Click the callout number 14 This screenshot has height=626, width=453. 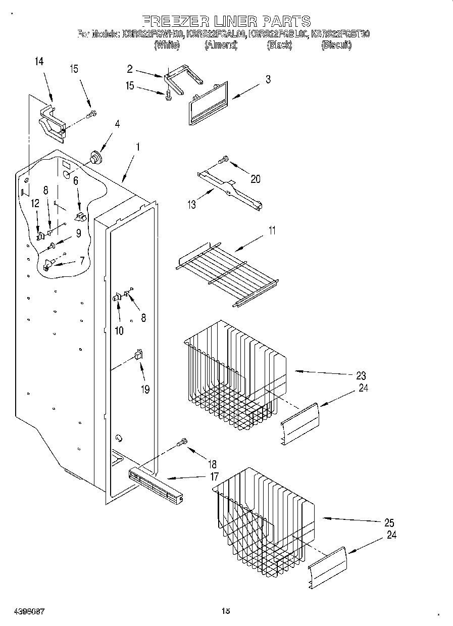point(39,62)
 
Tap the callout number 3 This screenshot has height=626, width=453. point(268,79)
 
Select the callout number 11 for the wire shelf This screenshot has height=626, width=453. point(272,231)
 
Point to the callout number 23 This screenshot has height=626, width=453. point(361,376)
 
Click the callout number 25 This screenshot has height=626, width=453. point(389,522)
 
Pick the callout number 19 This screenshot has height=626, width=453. point(145,390)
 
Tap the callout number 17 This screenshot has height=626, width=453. point(214,476)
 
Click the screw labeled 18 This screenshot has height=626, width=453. point(182,443)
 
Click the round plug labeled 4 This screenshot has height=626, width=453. point(94,157)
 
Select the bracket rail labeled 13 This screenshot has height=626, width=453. point(229,189)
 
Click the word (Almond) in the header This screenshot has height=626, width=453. point(221,45)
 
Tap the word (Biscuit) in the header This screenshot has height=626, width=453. point(336,45)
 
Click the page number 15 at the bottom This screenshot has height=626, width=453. point(226,611)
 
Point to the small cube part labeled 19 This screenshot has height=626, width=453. point(137,355)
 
